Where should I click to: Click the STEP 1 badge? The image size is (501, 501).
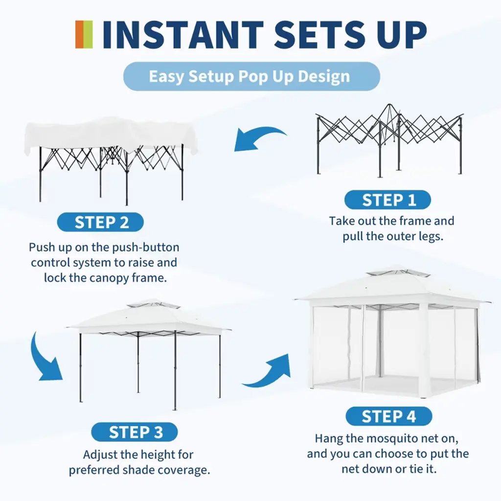(x=387, y=200)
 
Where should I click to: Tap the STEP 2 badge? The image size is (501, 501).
(x=100, y=222)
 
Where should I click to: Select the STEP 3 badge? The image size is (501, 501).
(x=134, y=432)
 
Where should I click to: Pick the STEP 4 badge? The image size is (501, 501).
(x=389, y=416)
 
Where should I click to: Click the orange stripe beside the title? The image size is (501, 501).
(x=80, y=35)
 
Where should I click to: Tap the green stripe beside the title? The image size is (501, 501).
(x=88, y=35)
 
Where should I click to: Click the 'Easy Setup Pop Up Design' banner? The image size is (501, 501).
(x=251, y=76)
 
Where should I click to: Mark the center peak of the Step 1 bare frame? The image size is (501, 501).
(x=389, y=104)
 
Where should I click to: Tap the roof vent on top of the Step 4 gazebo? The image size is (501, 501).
(x=398, y=272)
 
